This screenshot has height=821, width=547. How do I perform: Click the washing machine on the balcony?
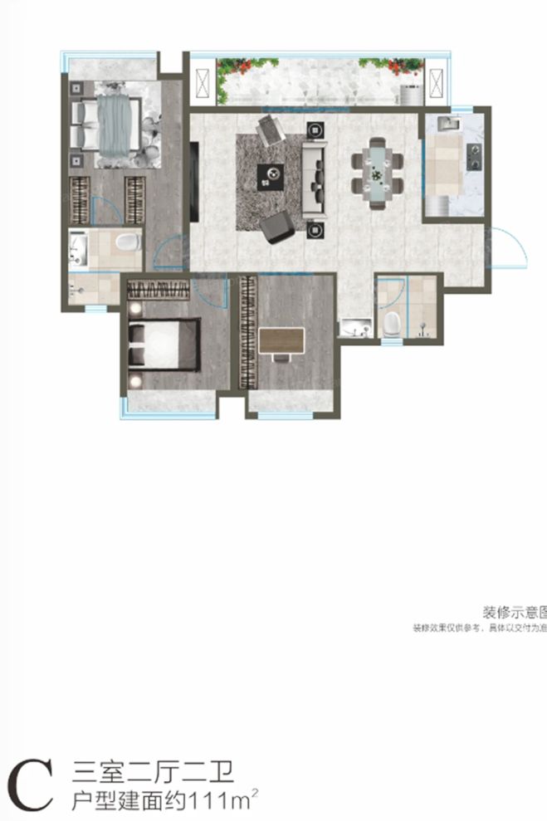pos(411,93)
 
